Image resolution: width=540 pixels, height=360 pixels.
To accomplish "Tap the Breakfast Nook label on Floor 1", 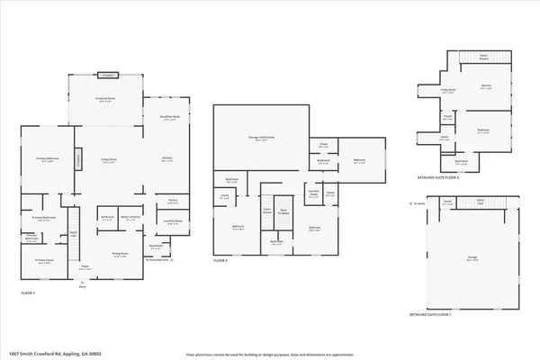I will [167, 118].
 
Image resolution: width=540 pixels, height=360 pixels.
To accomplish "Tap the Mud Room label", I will [155, 246].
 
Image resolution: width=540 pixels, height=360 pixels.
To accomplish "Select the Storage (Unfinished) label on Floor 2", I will [261, 138].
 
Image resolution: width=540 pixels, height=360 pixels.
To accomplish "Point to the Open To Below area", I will [283, 212].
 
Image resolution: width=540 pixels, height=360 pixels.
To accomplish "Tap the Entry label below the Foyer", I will [83, 286].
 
